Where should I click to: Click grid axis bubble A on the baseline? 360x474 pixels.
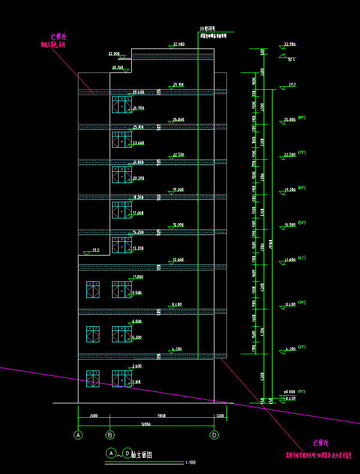pyautogui.click(x=78, y=435)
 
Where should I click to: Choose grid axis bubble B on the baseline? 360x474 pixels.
pyautogui.click(x=110, y=435)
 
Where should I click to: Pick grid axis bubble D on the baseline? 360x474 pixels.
pyautogui.click(x=214, y=435)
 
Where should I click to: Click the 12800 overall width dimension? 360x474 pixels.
pyautogui.click(x=146, y=424)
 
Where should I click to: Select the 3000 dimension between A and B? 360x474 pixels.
pyautogui.click(x=94, y=415)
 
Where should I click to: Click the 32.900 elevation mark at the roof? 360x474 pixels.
pyautogui.click(x=178, y=44)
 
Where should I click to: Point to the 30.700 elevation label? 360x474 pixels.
pyautogui.click(x=117, y=68)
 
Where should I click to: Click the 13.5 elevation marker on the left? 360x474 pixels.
pyautogui.click(x=95, y=250)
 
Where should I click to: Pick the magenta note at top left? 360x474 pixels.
pyautogui.click(x=53, y=40)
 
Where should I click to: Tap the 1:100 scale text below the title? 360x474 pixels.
pyautogui.click(x=190, y=462)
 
